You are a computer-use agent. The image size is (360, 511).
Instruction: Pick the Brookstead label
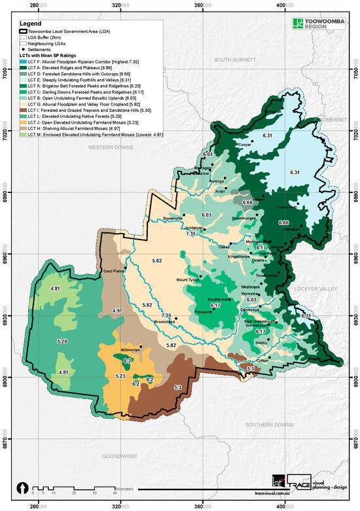tap(166, 322)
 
